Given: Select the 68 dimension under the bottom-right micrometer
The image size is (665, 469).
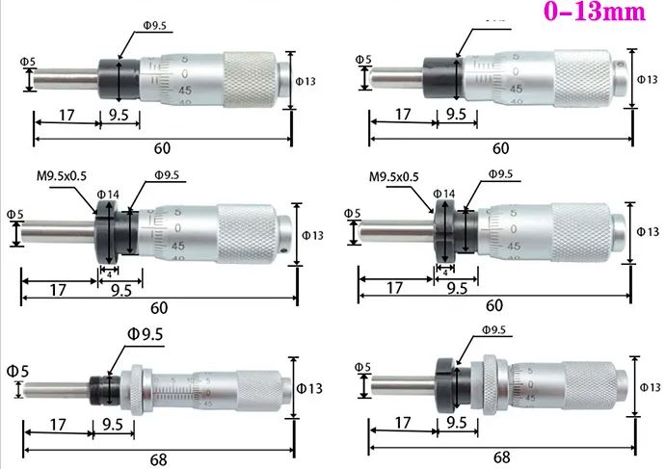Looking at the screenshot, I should click(x=500, y=457).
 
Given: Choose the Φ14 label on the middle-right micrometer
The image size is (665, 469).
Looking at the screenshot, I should click(x=444, y=194).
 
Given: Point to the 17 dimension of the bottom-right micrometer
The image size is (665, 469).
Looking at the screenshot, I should click(x=401, y=421).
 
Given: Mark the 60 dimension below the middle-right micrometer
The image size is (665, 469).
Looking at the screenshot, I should click(x=494, y=305).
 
